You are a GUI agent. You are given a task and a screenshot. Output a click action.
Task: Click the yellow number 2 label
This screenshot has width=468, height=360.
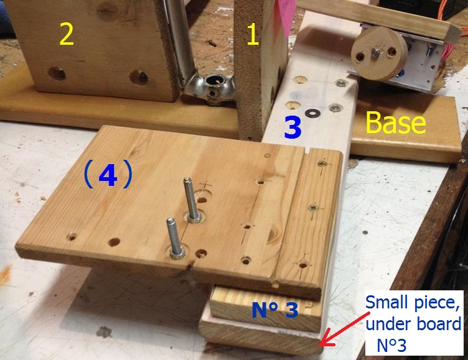[67, 34]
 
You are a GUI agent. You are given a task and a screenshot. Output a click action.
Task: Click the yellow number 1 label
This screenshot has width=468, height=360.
[253, 34]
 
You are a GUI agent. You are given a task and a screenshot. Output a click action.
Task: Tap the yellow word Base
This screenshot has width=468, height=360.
[396, 122]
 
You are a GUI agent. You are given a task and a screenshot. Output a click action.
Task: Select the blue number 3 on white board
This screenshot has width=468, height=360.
[292, 127]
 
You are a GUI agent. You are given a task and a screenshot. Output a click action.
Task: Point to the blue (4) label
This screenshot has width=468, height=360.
[108, 175]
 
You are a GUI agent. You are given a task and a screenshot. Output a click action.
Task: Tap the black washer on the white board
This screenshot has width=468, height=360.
[312, 113]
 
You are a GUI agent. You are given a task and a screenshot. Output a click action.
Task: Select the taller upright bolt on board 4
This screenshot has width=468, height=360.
[190, 199]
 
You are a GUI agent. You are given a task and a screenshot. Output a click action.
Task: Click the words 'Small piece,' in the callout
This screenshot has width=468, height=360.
[413, 303]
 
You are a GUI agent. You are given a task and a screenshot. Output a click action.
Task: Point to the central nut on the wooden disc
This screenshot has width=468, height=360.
[375, 53]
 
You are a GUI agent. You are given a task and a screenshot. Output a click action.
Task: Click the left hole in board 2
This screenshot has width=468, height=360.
[57, 73]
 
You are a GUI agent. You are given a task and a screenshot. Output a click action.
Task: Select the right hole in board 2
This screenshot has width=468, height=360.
[138, 77]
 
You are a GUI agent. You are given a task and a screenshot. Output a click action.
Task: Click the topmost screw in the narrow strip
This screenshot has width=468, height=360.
[322, 163]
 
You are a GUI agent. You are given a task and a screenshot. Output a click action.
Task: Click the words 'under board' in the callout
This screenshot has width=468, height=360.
[413, 324]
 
